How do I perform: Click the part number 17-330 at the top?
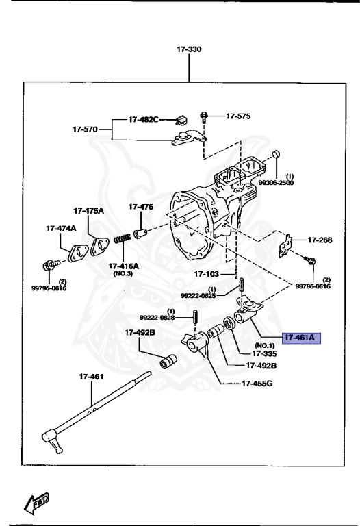(x=190, y=49)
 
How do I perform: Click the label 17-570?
(x=86, y=128)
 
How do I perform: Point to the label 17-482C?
(x=143, y=119)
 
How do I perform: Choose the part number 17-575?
(x=238, y=116)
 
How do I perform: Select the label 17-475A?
(x=89, y=210)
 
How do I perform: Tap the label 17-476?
(x=141, y=206)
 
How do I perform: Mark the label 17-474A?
(x=62, y=228)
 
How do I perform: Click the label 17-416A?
(x=123, y=266)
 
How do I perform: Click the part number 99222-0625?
(x=198, y=295)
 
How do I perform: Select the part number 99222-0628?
(x=157, y=318)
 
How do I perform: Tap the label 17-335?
(x=263, y=353)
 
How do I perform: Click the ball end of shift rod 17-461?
(x=52, y=435)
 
